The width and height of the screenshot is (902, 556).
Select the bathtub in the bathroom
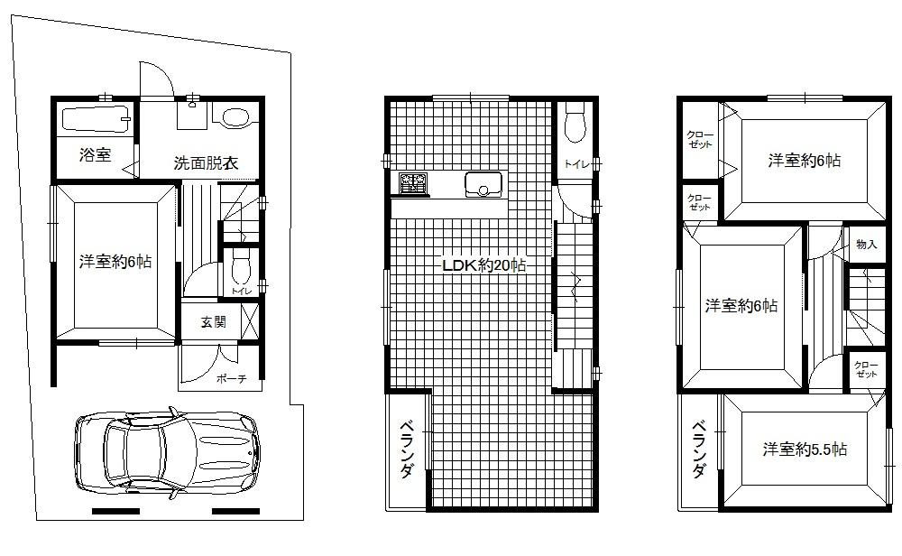point(95,119)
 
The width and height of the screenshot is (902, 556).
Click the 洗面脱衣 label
point(206,163)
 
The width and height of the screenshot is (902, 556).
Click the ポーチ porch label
point(231,379)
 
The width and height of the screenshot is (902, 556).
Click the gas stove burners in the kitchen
point(413,184)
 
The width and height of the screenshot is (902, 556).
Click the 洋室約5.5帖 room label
point(804,449)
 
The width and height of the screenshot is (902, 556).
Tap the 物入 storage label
point(866,245)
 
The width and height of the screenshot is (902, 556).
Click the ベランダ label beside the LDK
point(407,450)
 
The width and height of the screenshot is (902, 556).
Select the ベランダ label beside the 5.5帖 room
point(699,450)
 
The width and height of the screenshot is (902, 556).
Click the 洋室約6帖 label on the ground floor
point(115,263)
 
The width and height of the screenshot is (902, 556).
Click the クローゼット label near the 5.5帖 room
point(866,367)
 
